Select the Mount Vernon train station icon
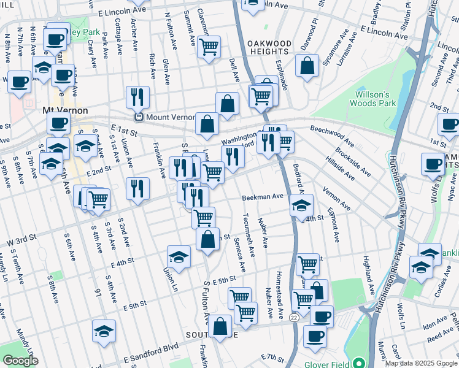[139, 117]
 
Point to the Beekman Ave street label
[262, 197]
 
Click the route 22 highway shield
[295, 316]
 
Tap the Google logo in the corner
[20, 361]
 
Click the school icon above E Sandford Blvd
[104, 331]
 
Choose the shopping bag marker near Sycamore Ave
[307, 66]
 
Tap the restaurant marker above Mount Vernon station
[137, 97]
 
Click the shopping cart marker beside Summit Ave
[209, 46]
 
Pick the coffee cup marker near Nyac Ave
[433, 164]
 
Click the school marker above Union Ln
[179, 256]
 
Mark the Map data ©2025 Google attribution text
[421, 363]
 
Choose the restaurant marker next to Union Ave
[137, 188]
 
